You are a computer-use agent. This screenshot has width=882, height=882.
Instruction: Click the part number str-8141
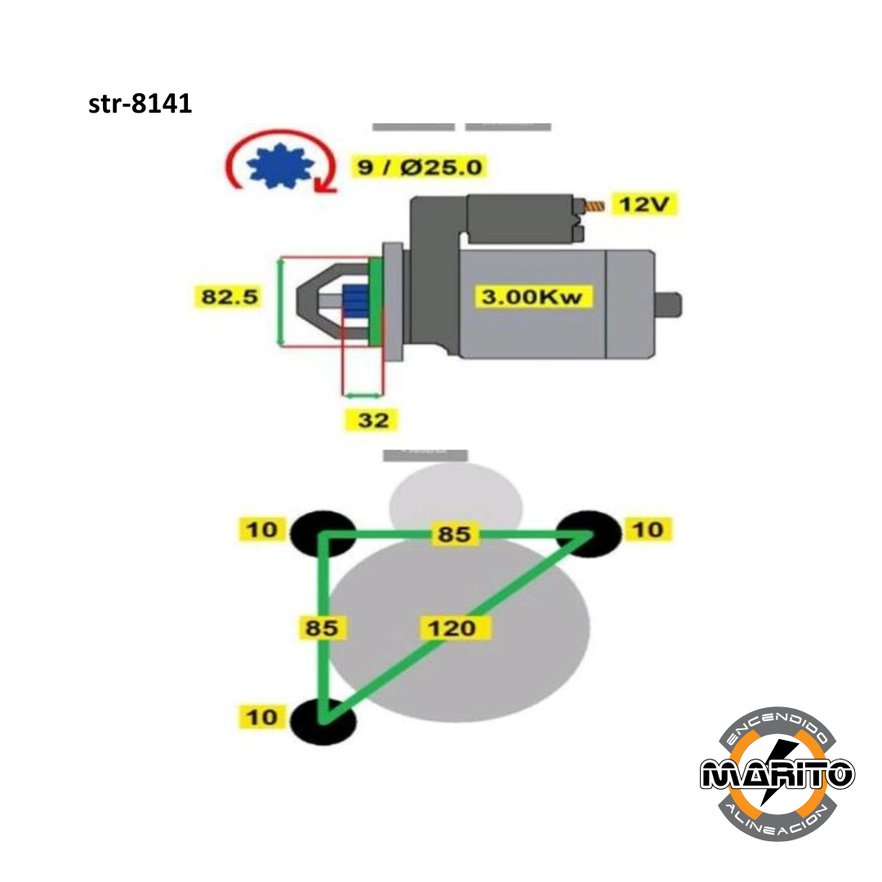click(x=140, y=105)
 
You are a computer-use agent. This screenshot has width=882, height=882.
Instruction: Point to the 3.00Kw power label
click(x=532, y=296)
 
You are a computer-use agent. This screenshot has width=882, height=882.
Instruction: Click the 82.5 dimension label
click(x=230, y=296)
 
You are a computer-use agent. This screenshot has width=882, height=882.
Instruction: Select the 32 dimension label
click(x=373, y=421)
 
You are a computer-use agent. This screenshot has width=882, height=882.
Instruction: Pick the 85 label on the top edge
click(x=454, y=534)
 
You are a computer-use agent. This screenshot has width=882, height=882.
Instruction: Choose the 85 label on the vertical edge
click(x=323, y=629)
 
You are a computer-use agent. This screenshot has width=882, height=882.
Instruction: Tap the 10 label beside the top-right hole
click(x=648, y=530)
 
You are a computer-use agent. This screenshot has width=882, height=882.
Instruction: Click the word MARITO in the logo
click(x=777, y=773)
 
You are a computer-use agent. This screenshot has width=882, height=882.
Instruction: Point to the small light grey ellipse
click(x=456, y=500)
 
